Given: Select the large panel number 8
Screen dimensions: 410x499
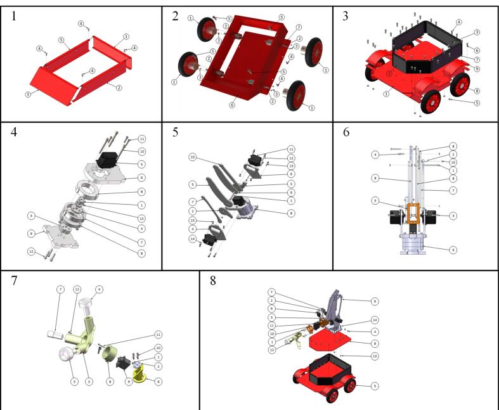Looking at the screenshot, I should point(212,280).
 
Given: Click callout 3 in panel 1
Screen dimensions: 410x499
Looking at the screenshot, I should point(27,94).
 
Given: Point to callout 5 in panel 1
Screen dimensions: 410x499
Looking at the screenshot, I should point(61,39).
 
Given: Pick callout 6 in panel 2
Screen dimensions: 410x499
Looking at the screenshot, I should point(232,105).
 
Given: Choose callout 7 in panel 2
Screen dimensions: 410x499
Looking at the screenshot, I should point(299,27).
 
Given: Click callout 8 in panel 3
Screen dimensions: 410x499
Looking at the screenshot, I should point(476,91).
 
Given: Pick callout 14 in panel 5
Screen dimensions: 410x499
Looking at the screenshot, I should point(193,239).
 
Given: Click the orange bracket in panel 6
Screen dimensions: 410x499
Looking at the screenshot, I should point(414,215).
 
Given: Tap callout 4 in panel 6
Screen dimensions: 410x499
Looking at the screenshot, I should point(375,154).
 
